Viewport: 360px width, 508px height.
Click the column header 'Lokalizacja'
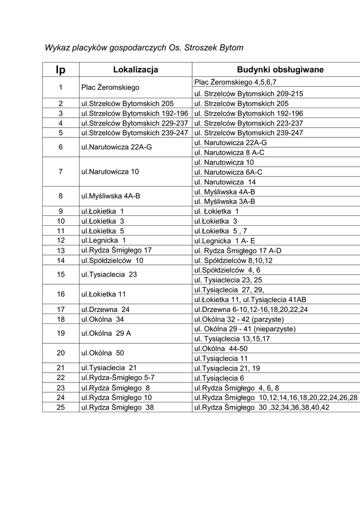(136, 69)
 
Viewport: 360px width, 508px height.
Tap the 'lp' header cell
(61, 70)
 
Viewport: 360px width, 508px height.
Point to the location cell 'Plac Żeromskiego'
(110, 87)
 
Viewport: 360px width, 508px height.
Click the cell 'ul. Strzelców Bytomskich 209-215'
(248, 94)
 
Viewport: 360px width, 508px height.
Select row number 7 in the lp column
(61, 172)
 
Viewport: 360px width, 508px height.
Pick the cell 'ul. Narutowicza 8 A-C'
(229, 152)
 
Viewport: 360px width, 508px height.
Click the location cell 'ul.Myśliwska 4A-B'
(111, 196)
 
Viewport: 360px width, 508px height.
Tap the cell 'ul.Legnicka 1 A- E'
(224, 241)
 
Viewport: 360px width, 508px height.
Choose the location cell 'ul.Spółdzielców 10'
(112, 260)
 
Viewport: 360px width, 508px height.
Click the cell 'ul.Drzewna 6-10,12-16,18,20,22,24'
(251, 309)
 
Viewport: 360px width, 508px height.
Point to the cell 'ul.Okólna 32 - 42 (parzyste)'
(239, 319)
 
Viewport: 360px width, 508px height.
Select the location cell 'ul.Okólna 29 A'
(106, 333)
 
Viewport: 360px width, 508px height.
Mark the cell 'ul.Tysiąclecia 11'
(221, 358)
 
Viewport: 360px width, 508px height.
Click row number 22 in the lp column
(61, 378)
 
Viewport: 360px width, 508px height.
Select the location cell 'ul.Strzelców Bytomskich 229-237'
(135, 123)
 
